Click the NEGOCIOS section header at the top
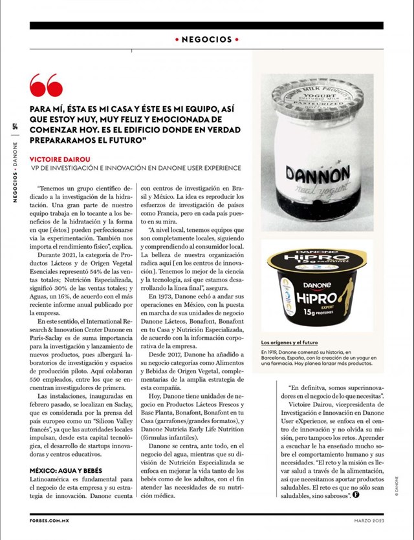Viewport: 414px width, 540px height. click(x=207, y=39)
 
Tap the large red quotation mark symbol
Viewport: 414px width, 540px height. click(x=46, y=86)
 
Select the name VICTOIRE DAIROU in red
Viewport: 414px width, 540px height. click(x=61, y=158)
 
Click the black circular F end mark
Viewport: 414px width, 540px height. click(x=356, y=495)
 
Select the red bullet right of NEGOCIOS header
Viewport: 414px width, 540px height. click(x=237, y=39)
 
